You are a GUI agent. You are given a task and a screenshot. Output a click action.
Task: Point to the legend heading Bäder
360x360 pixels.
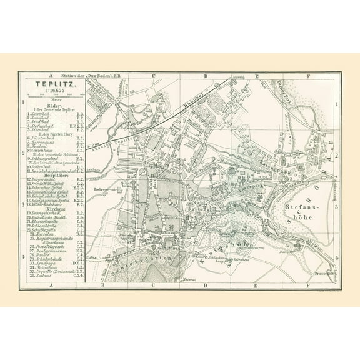click(54, 106)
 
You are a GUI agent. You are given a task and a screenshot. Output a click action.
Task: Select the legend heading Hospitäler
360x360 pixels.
click(54, 176)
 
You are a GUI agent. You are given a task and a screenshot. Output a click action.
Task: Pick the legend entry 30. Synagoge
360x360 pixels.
click(42, 263)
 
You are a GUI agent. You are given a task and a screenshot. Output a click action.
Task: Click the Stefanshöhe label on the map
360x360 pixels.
click(297, 209)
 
